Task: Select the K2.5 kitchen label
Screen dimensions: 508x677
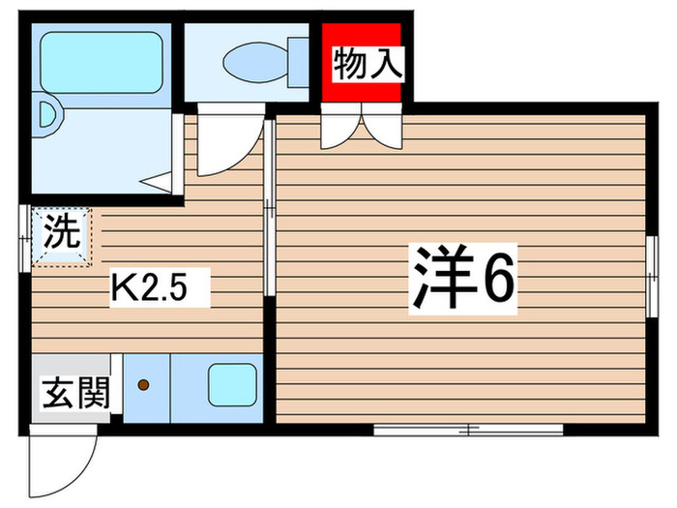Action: click(x=160, y=286)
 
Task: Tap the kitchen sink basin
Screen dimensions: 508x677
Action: click(x=231, y=384)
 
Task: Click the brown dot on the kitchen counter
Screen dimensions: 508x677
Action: click(x=145, y=386)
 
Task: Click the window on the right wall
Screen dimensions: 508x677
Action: click(x=650, y=276)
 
